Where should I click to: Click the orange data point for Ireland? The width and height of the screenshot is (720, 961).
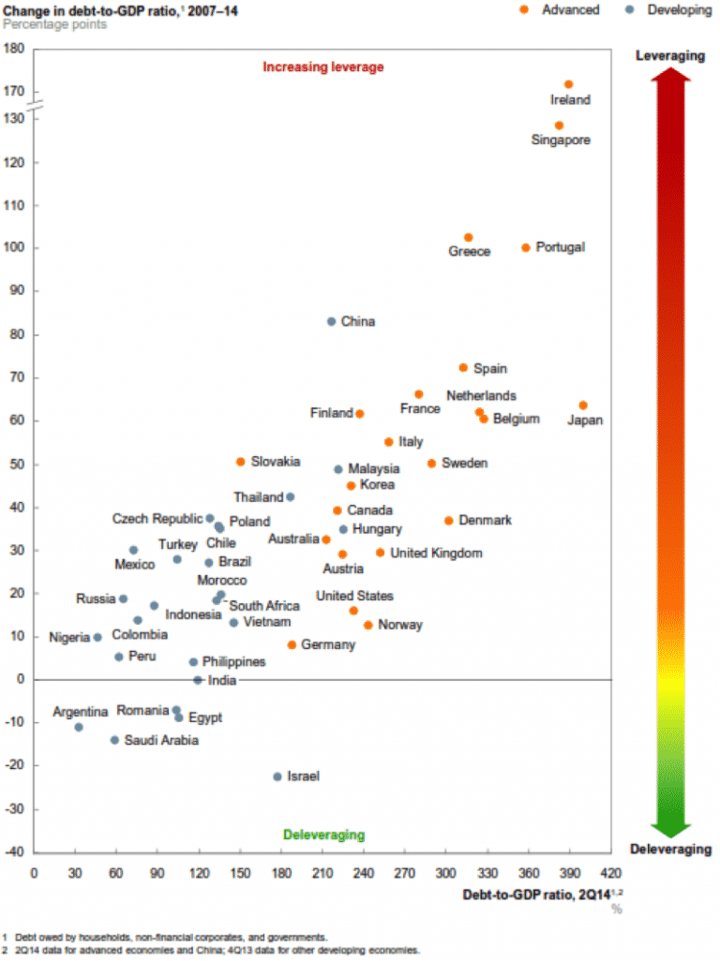(x=568, y=84)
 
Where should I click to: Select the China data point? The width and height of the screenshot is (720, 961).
(x=331, y=321)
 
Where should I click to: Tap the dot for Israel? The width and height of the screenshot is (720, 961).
(x=277, y=776)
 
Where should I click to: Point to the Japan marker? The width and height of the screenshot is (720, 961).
(x=583, y=406)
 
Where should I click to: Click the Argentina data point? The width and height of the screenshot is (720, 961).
(x=79, y=727)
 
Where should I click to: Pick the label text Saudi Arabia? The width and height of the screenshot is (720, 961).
(x=161, y=740)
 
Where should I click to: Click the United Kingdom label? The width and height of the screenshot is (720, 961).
(x=436, y=554)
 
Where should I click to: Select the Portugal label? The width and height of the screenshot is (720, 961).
(x=560, y=247)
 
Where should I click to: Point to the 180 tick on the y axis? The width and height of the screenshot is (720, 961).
(x=13, y=49)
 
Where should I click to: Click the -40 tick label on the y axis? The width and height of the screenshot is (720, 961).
(x=13, y=851)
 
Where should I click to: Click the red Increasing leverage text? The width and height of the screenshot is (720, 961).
(x=323, y=67)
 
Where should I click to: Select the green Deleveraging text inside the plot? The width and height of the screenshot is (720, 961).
(x=323, y=835)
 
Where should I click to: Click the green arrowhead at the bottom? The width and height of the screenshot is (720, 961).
(x=669, y=828)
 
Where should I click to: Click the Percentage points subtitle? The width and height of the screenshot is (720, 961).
(x=54, y=23)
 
